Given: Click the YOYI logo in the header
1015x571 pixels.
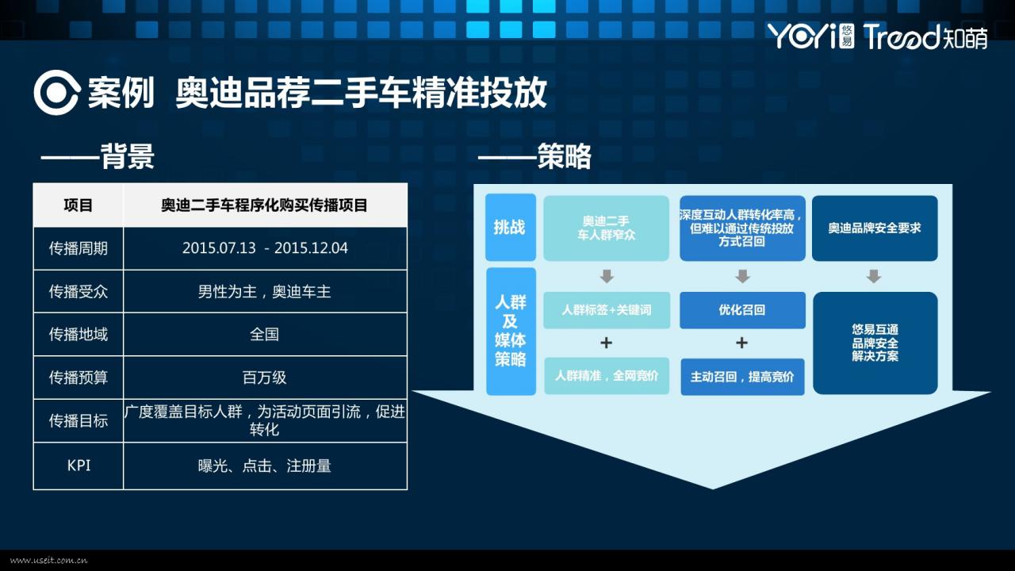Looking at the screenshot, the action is pos(811,36).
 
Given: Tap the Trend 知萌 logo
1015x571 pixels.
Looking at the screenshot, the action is pos(925,36).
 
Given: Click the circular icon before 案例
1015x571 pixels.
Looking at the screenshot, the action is pos(57,93).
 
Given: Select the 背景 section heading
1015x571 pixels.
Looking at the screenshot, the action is pos(127,156).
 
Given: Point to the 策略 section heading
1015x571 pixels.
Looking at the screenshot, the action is pos(564,156).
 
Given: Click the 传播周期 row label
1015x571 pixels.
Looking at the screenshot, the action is pos(78,248).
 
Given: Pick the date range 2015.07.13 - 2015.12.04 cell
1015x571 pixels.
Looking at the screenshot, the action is pos(265,248).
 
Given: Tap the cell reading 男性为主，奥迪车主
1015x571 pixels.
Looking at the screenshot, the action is pos(265,291).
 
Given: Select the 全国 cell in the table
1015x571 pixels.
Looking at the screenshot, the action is pos(265,335).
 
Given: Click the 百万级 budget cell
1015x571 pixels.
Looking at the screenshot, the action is pos(265,377).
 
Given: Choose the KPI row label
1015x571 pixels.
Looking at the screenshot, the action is pos(78,466).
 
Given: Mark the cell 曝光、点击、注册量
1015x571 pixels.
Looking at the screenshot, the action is pos(265,466).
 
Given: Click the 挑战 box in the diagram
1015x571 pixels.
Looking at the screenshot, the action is pos(510,227).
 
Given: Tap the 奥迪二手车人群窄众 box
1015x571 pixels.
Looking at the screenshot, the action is pos(607,228).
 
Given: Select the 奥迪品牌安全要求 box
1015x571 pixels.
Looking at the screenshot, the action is pos(875,228).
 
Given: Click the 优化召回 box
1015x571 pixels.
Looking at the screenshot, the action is pos(742,310).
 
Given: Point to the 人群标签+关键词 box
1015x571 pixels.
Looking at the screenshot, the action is pos(607,310).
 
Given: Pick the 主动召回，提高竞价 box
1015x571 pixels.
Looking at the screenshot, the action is pos(742,377).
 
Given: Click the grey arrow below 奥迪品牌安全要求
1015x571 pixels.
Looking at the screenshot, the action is pos(874,276).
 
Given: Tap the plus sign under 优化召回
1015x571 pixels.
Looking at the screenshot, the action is pos(741,343).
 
